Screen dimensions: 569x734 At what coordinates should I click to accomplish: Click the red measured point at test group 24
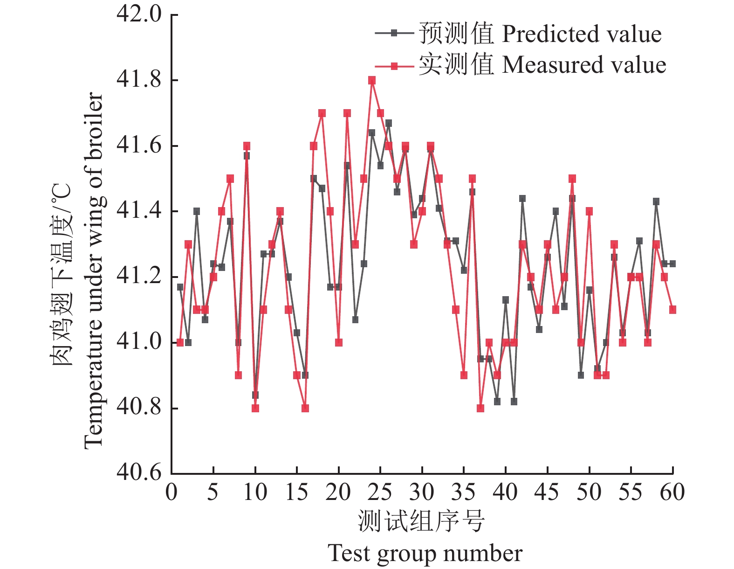[372, 80]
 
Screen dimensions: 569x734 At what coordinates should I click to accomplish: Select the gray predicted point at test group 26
[389, 123]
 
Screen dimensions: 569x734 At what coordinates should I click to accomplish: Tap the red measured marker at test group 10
[255, 408]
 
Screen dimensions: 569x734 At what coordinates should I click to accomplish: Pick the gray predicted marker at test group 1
[180, 287]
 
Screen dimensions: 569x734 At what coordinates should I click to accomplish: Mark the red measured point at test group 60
[672, 310]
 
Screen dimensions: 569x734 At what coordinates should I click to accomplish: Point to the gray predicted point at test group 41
[514, 402]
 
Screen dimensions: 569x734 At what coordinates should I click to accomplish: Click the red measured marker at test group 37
[480, 408]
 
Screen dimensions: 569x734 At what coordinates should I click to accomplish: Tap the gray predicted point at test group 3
[197, 211]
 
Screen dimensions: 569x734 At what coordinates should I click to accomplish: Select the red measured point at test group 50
[589, 211]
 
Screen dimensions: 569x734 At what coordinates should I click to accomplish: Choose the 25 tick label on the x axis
[380, 492]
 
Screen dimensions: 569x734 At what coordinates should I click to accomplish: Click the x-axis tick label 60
[672, 492]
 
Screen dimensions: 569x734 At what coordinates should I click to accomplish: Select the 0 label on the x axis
[171, 492]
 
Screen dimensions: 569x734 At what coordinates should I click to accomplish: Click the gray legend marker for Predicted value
[394, 33]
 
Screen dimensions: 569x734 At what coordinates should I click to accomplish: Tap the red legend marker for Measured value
[394, 66]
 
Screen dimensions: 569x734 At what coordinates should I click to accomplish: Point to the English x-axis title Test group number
[425, 554]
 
